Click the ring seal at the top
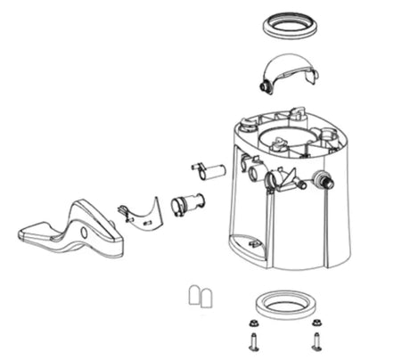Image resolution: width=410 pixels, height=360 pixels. click(x=291, y=24)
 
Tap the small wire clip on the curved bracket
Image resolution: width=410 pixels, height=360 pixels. click(x=121, y=211)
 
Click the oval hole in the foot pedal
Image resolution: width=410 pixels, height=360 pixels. click(x=84, y=233)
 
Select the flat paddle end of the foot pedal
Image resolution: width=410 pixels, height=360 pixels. click(x=40, y=234)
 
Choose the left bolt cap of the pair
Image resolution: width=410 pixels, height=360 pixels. click(x=194, y=296)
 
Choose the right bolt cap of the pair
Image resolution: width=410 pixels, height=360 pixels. click(x=208, y=296)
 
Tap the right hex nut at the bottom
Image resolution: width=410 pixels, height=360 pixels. click(x=316, y=324)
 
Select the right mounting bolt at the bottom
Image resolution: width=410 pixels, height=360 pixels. click(x=316, y=340)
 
